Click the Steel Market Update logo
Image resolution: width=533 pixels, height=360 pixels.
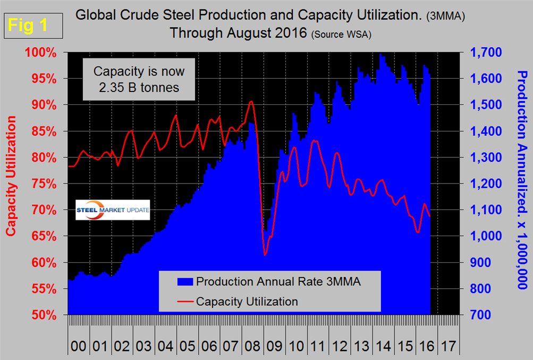pos(113,210)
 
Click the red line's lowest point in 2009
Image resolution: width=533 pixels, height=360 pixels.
pos(265,255)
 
